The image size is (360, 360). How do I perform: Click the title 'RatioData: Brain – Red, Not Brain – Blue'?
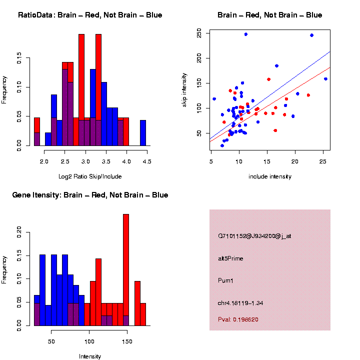90,15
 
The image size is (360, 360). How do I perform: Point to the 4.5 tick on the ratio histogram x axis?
147,161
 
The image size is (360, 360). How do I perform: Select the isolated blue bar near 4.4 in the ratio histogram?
143,133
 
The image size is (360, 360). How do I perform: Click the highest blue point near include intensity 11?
246,34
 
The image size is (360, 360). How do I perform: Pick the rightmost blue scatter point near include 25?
325,79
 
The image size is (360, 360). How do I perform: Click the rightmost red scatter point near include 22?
308,95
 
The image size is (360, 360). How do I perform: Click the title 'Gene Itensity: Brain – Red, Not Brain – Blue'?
90,195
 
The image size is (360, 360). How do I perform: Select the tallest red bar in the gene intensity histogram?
126,270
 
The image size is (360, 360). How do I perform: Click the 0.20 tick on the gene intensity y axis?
19,230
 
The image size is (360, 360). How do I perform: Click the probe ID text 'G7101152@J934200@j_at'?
254,236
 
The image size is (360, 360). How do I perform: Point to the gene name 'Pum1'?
226,280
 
